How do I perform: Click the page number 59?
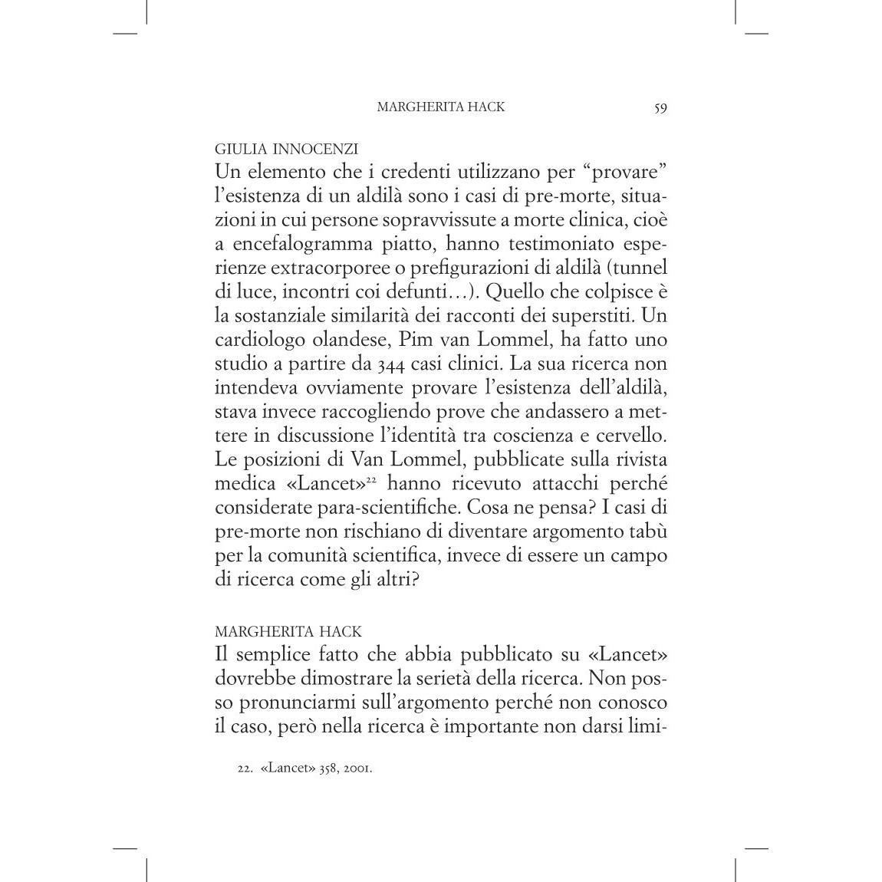point(660,107)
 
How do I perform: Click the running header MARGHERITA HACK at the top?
point(441,107)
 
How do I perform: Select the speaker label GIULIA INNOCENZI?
point(287,149)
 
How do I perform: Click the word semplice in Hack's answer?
point(272,656)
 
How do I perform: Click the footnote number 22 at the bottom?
point(245,768)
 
